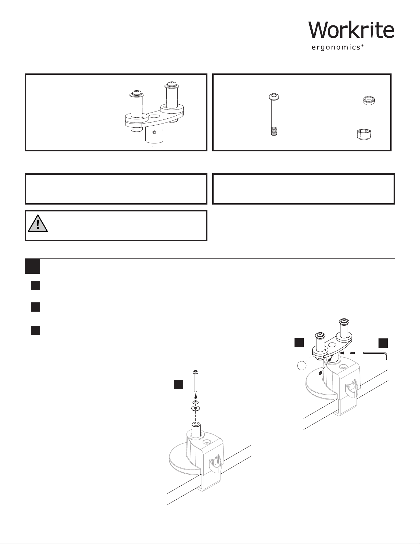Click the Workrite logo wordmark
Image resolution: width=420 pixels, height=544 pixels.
(351, 30)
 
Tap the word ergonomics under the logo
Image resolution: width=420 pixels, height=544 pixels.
(336, 47)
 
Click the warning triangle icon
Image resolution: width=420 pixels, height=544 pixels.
(38, 223)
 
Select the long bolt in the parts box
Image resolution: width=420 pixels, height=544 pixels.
(274, 115)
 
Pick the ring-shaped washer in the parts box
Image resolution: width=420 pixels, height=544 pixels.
(369, 101)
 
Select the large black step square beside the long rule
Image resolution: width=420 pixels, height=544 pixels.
(32, 266)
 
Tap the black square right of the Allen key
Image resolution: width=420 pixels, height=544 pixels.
(383, 343)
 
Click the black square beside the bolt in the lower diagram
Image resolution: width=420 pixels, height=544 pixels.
(178, 384)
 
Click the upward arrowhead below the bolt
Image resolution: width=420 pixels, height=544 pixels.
(196, 396)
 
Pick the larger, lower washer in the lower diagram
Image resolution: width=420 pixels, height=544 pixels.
(195, 408)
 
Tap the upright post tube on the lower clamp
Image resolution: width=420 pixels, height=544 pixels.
(196, 430)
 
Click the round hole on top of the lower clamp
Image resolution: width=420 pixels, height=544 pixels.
(206, 441)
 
